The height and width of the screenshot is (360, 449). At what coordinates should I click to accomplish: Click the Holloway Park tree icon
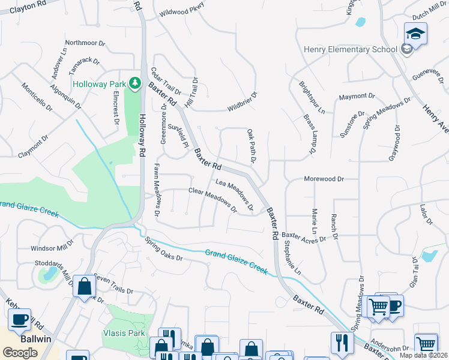[x=136, y=82]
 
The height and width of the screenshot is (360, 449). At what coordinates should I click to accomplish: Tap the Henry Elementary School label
[x=351, y=50]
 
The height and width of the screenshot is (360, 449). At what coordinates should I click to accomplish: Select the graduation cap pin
[x=415, y=34]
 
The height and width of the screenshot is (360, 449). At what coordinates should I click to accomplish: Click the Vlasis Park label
[x=124, y=333]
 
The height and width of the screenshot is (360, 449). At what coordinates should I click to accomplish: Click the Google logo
[x=20, y=353]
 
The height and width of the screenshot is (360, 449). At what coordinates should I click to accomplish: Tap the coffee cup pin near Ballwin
[x=19, y=319]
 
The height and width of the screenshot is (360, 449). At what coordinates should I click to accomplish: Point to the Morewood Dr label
[x=324, y=179]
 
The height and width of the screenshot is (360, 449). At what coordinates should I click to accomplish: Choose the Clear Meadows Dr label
[x=212, y=200]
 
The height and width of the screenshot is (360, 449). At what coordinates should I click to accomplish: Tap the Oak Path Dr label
[x=252, y=146]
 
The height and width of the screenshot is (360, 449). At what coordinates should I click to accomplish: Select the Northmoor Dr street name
[x=85, y=43]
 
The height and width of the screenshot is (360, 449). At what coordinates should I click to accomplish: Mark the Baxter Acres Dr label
[x=303, y=237]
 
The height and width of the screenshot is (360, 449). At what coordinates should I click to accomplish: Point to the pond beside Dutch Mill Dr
[x=360, y=23]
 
